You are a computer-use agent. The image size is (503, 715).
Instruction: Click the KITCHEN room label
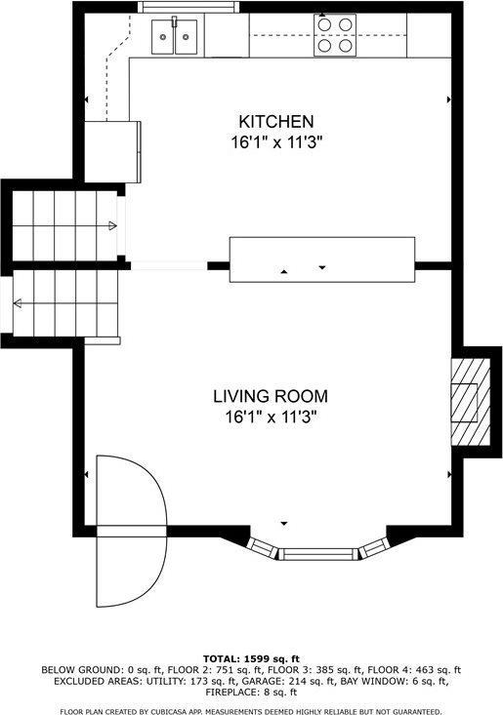click(x=276, y=122)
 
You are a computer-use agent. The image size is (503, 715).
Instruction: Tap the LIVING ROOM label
click(x=271, y=397)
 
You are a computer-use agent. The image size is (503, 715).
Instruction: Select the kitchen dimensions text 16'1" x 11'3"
click(x=276, y=141)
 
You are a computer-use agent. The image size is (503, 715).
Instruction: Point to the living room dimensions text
click(x=271, y=417)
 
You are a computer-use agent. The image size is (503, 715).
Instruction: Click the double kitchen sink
click(x=176, y=37)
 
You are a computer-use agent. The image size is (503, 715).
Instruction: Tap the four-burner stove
click(x=333, y=35)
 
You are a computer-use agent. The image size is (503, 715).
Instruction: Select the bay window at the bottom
click(x=319, y=553)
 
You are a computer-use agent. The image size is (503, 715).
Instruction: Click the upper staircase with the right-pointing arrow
click(x=63, y=226)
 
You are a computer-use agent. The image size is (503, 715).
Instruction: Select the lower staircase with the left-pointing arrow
click(x=63, y=302)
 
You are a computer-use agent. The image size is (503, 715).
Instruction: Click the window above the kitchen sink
click(x=189, y=7)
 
